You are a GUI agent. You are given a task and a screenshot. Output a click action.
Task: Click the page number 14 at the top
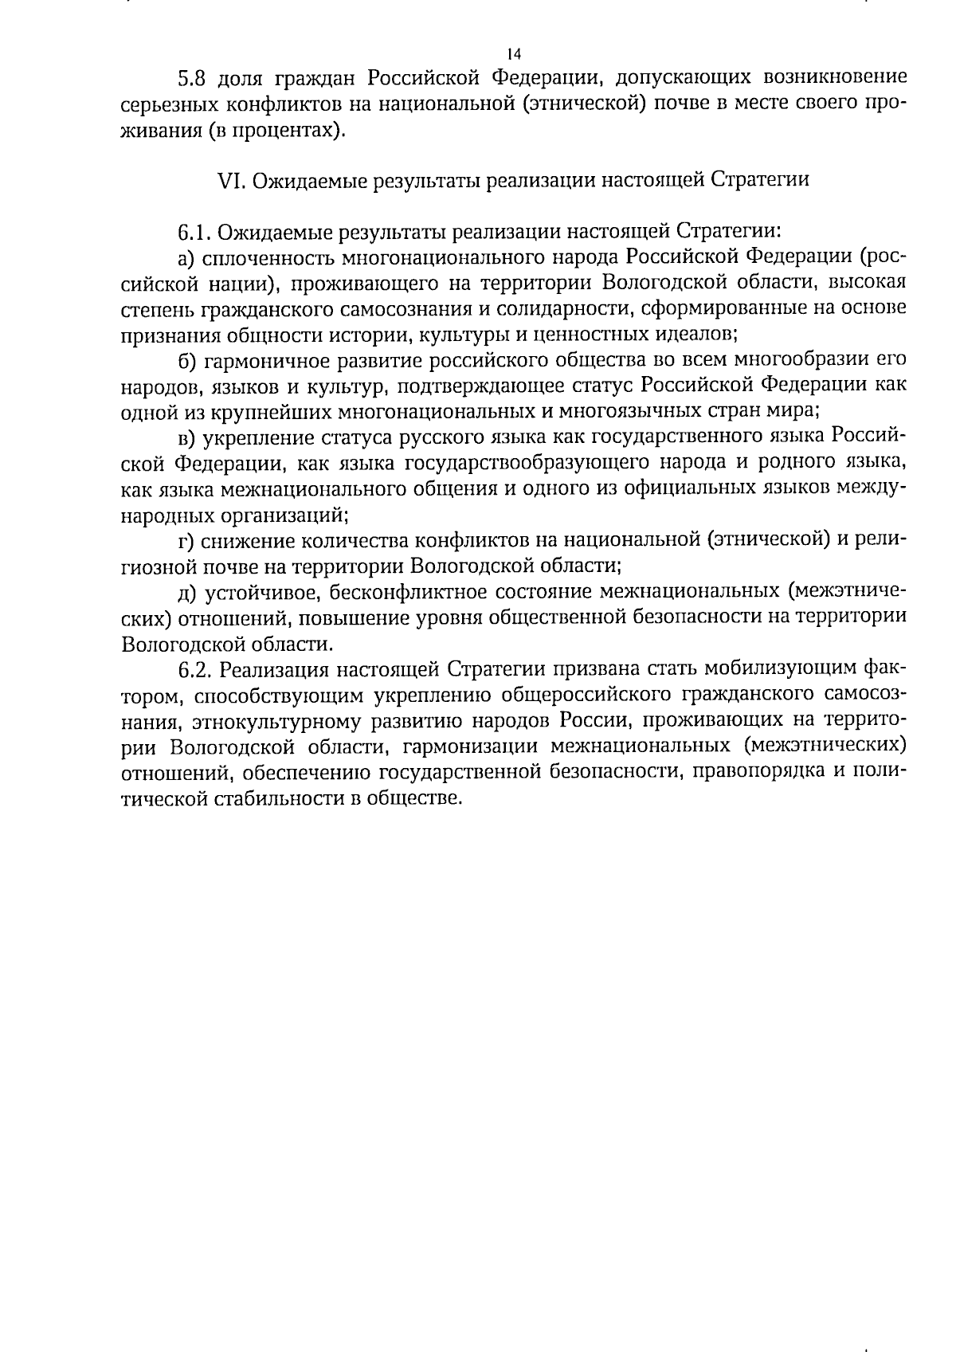513,54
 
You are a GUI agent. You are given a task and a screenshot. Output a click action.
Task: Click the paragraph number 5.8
191,78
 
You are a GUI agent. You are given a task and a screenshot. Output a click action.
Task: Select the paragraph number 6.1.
194,232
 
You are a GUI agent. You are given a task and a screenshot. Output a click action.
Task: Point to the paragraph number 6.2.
194,668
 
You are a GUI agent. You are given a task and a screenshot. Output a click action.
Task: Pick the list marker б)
187,361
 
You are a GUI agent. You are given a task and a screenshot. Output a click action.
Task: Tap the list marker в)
187,437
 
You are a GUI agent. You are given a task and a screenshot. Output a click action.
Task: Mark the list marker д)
187,592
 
